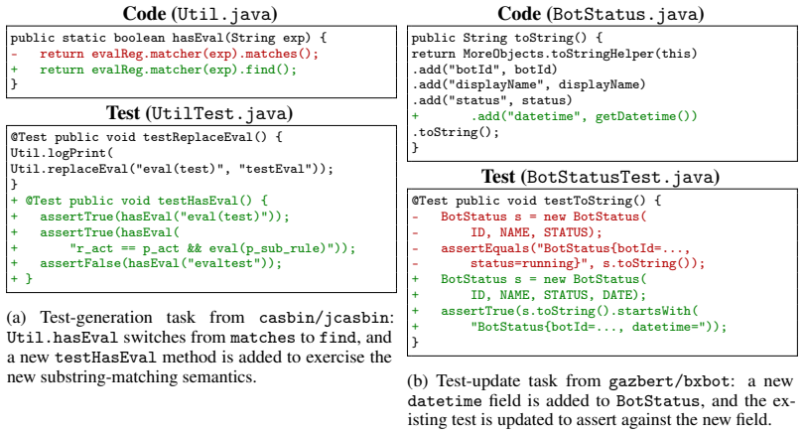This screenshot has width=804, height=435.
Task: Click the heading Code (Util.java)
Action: (200, 13)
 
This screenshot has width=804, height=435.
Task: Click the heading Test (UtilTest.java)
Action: (200, 113)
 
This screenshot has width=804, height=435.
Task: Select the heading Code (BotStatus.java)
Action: (601, 13)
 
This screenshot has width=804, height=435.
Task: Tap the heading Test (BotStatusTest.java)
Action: (601, 177)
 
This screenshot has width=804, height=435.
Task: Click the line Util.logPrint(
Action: (62, 153)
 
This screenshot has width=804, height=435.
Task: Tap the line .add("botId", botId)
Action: (484, 70)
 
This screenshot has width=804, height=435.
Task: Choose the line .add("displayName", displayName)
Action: (528, 84)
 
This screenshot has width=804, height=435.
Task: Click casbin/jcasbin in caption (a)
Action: (325, 318)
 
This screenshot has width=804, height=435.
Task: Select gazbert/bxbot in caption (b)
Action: (669, 381)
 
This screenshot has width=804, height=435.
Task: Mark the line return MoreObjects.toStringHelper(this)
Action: (554, 54)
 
